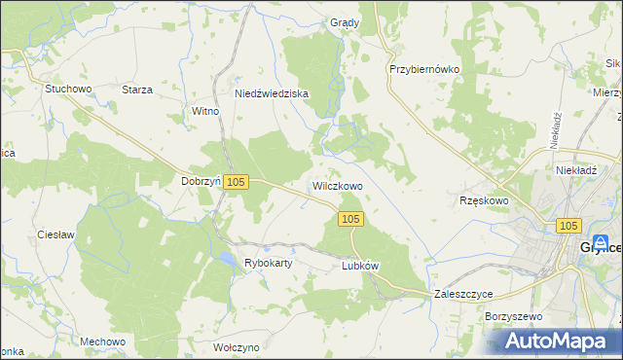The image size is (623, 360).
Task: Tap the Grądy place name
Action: (345, 22)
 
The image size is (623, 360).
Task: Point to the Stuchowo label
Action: (67, 89)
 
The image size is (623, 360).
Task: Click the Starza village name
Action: (136, 90)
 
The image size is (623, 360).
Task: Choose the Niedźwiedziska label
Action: (272, 93)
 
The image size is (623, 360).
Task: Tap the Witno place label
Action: (205, 112)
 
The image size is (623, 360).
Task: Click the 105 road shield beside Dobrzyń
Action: (238, 182)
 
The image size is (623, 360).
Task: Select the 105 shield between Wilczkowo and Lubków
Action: (352, 220)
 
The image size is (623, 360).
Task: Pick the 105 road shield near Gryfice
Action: (570, 226)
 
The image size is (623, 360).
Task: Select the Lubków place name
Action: (359, 265)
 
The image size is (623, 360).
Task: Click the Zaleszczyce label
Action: (463, 293)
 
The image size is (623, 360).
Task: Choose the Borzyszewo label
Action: (511, 317)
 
